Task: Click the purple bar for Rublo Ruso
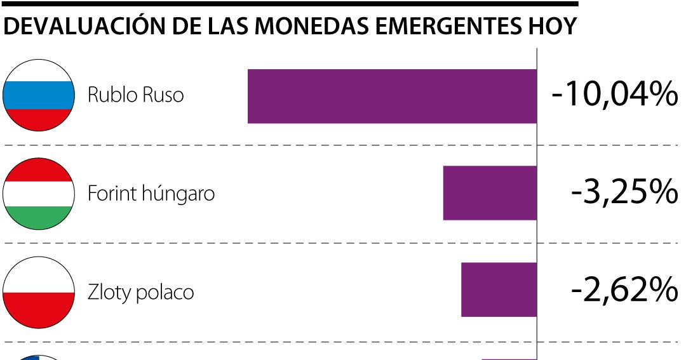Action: (392, 96)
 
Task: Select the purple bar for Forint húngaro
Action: (490, 193)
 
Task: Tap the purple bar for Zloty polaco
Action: (499, 290)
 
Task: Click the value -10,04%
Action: (614, 95)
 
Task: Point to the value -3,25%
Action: (624, 192)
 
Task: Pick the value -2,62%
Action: (624, 290)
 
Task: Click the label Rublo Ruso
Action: (135, 95)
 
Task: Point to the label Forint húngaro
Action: (151, 193)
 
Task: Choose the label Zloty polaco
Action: (140, 292)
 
